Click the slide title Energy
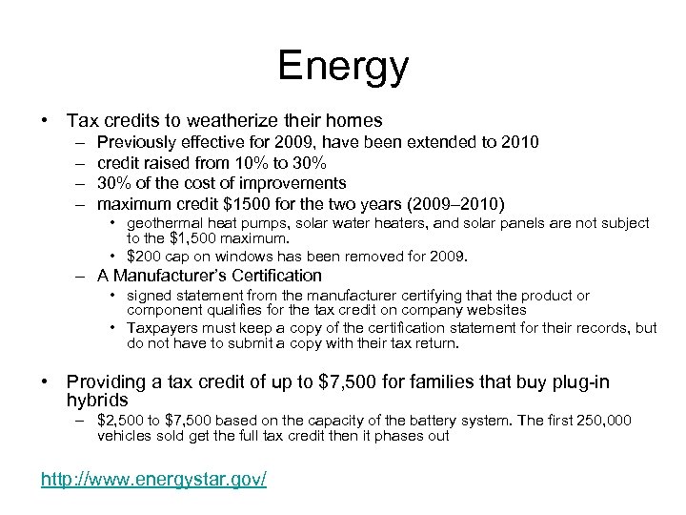(343, 67)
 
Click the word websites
(496, 310)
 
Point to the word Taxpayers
(163, 327)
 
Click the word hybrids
(97, 400)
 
